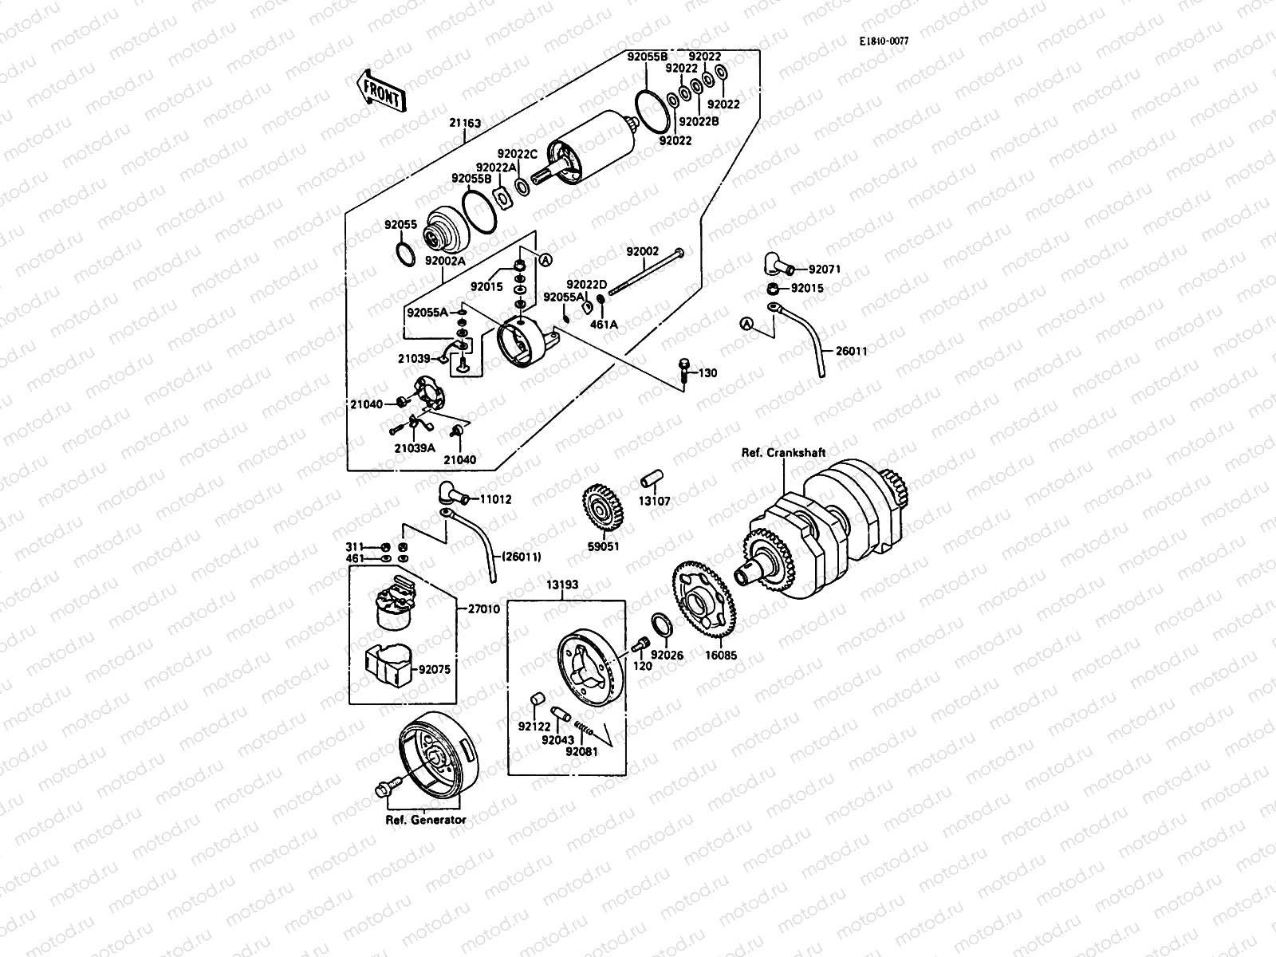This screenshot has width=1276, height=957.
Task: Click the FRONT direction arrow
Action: (x=381, y=93)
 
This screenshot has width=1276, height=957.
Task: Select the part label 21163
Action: (x=465, y=124)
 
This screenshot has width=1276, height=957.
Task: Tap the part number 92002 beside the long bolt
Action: (x=642, y=252)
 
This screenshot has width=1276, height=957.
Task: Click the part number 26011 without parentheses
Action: (x=851, y=351)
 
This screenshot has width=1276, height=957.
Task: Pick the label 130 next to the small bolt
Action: (x=708, y=373)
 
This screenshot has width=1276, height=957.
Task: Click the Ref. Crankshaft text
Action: (x=783, y=453)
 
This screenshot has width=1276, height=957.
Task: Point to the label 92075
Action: (x=434, y=669)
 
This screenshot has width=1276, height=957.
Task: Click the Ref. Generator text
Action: (x=426, y=820)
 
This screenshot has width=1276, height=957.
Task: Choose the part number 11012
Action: (x=494, y=499)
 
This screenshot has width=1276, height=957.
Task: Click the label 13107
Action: (x=654, y=502)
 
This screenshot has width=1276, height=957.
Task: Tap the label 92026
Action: (x=667, y=655)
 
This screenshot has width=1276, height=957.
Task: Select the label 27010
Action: (x=484, y=608)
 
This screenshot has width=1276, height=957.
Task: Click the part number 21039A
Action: (x=414, y=448)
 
